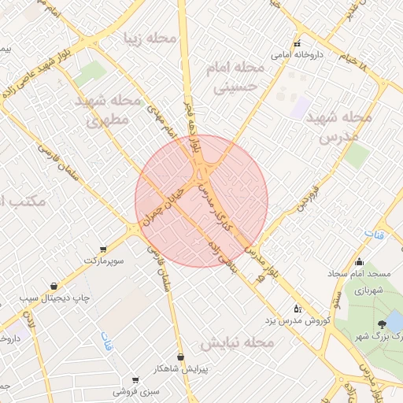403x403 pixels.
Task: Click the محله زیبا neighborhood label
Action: coord(144,37)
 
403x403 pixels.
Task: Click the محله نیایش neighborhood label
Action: coord(236,343)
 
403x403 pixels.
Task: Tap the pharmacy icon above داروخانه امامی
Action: coord(298,43)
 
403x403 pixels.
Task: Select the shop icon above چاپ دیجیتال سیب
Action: coord(54,286)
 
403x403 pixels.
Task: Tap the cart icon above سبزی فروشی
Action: coord(135,379)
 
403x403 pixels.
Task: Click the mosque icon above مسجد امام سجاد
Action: coord(360,262)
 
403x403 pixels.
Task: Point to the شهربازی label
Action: coord(367,290)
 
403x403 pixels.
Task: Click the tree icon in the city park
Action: coord(383,324)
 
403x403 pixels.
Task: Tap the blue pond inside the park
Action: coord(394,320)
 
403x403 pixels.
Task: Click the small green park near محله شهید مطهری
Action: coord(91,73)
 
